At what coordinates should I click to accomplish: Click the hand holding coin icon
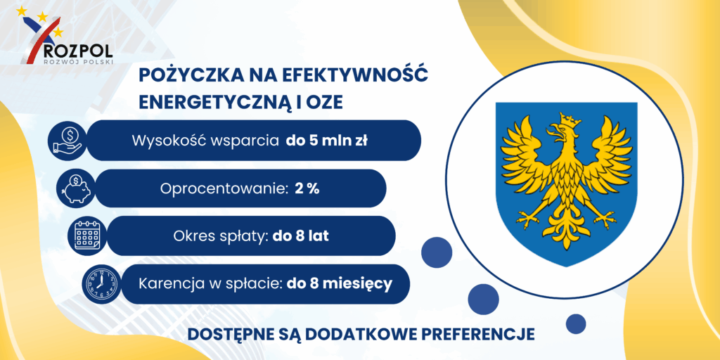coord(68,141)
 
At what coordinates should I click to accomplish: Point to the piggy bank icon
coord(76,188)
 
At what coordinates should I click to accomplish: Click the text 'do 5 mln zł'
coord(326,141)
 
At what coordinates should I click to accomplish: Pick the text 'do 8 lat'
coord(301,236)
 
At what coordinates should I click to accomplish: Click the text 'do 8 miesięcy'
coord(340,284)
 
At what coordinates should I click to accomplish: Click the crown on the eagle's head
coord(568,120)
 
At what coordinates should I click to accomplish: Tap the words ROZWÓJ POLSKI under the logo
coord(77,60)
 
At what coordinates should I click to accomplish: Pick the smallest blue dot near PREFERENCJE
coord(576,323)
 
